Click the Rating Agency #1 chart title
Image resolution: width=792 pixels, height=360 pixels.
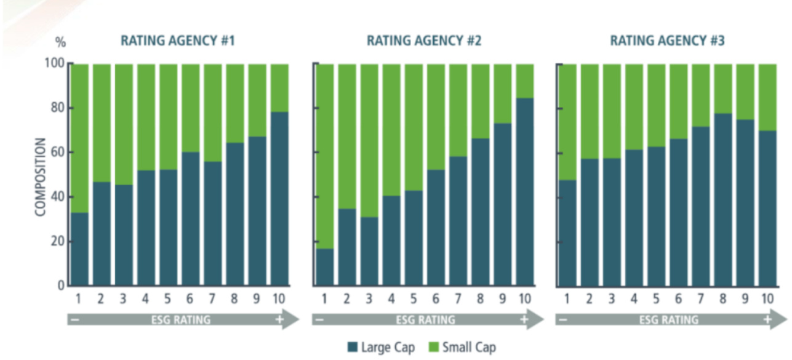[178, 42]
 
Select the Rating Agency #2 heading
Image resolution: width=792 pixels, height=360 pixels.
[424, 42]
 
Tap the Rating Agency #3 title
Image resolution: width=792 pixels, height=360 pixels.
[667, 42]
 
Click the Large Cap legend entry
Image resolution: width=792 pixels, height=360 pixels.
[381, 347]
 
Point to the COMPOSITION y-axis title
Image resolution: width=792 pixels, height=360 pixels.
[41, 177]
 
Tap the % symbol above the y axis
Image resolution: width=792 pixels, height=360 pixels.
[60, 42]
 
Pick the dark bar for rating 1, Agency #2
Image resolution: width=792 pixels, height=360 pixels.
[324, 267]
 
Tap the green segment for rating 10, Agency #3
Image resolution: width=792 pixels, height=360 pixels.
[767, 97]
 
